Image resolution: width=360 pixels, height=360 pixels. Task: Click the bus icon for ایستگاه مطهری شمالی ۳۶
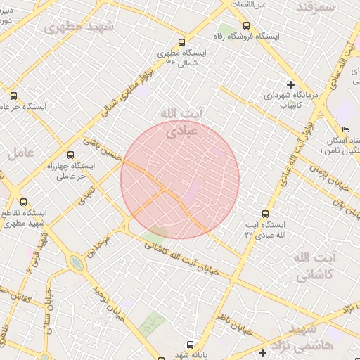coord(182,42)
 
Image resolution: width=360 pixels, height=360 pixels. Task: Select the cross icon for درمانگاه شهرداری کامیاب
coord(290,84)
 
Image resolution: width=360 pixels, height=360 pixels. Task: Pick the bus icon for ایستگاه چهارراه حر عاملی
coord(70,155)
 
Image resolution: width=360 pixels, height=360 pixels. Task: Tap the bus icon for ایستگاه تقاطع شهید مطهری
coord(23,202)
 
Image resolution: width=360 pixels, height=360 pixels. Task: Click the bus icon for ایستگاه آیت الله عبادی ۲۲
coord(265,214)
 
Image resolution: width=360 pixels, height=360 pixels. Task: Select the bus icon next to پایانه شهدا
coord(190,345)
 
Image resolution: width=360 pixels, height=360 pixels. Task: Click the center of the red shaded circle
coord(180,179)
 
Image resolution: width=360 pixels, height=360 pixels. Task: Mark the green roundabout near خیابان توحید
coord(75,263)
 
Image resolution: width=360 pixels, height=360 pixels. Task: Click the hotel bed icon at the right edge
coord(345,130)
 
